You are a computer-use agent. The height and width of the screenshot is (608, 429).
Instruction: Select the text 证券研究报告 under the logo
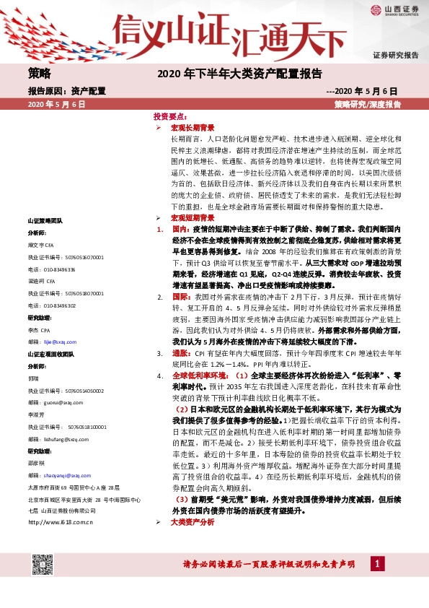[x=396, y=56]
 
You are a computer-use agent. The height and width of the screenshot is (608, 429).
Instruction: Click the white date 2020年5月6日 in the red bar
[x=57, y=105]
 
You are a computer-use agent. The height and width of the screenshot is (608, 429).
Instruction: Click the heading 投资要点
[x=172, y=116]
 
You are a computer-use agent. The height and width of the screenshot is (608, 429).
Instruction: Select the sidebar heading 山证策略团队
[x=45, y=220]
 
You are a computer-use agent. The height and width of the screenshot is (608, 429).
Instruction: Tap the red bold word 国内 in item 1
[x=179, y=228]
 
